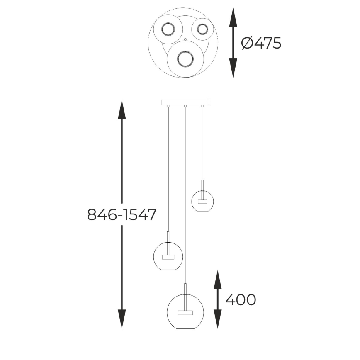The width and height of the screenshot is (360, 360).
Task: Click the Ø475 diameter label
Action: (261, 43)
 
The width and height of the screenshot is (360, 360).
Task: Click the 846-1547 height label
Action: (122, 214)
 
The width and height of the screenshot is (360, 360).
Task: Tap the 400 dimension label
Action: (240, 299)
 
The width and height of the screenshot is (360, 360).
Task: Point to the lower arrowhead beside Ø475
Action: (233, 69)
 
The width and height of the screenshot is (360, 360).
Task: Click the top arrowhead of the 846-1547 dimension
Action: (122, 109)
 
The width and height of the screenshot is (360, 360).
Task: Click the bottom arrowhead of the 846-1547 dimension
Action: (122, 320)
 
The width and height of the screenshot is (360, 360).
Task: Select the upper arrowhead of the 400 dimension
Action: (217, 279)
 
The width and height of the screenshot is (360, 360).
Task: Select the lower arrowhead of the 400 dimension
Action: (217, 320)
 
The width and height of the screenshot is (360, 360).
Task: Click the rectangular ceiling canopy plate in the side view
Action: (185, 102)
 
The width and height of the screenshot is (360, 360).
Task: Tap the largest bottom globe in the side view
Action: (185, 312)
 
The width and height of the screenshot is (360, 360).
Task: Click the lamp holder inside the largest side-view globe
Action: (185, 311)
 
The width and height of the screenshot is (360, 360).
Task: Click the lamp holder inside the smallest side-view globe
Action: (202, 202)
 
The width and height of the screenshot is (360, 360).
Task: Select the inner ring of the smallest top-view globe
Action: (202, 29)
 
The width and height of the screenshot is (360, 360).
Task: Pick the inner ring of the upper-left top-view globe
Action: (168, 29)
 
